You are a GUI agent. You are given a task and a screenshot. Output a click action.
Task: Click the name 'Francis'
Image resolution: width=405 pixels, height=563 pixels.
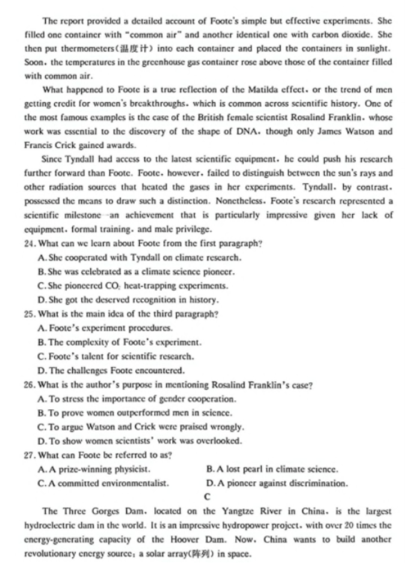coord(38,145)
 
